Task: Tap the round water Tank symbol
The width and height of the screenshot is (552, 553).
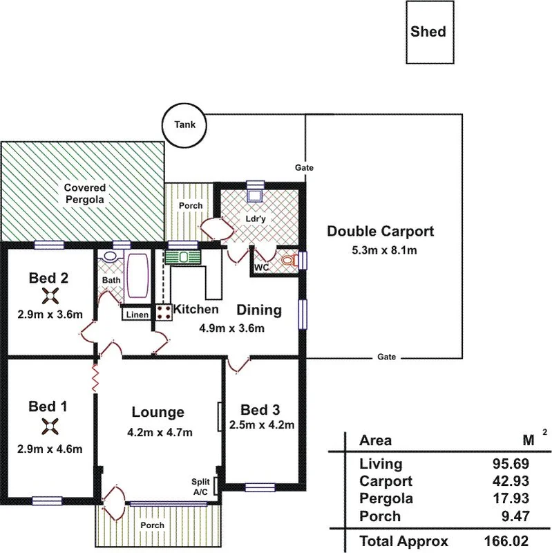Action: pyautogui.click(x=184, y=125)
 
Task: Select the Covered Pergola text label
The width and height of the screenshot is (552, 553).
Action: pyautogui.click(x=84, y=194)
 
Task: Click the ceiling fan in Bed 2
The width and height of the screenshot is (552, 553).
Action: pyautogui.click(x=50, y=297)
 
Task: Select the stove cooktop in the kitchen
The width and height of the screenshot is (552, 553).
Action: pyautogui.click(x=164, y=312)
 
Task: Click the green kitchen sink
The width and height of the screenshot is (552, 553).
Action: pyautogui.click(x=183, y=256)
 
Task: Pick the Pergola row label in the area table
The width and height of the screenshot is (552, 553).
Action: pyautogui.click(x=386, y=498)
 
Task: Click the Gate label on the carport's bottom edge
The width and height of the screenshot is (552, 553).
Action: pyautogui.click(x=387, y=357)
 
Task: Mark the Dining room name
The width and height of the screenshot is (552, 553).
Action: pyautogui.click(x=260, y=310)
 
